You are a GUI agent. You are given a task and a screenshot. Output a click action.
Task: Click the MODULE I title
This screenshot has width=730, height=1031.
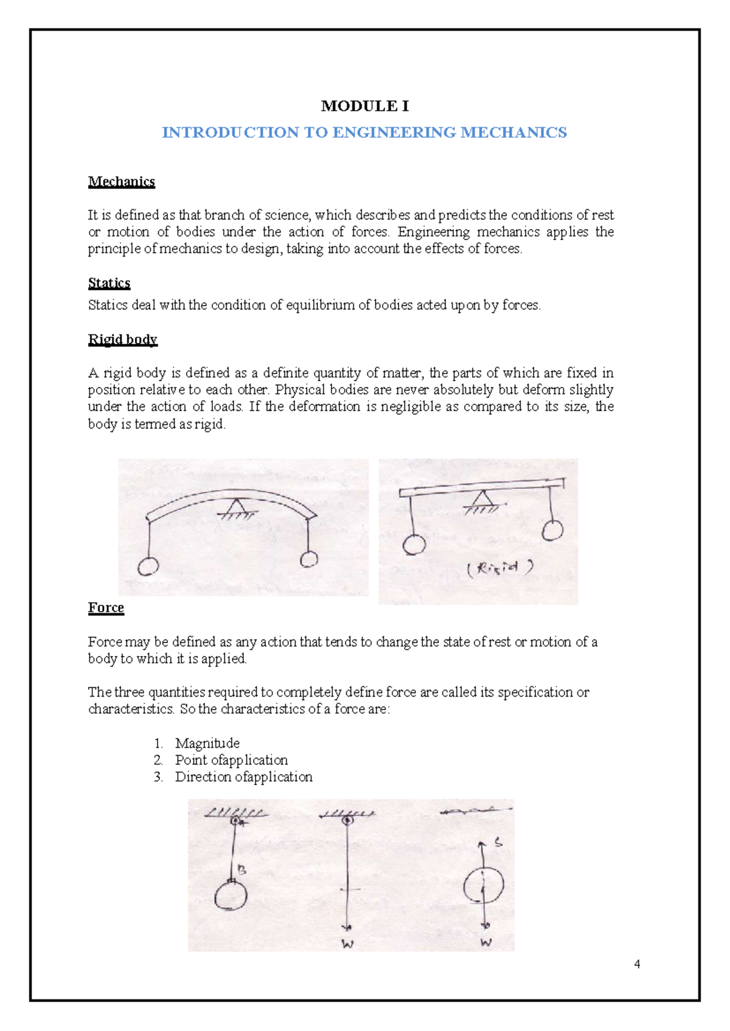(x=364, y=106)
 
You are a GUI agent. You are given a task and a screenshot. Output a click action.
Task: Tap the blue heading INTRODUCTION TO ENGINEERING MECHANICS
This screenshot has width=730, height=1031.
(x=364, y=133)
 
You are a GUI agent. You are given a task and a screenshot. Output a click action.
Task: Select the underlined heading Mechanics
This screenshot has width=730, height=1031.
(x=121, y=182)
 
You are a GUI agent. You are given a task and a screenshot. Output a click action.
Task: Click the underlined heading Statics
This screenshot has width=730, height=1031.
(x=109, y=283)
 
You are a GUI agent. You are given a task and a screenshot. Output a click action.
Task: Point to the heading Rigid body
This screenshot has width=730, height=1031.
(x=122, y=339)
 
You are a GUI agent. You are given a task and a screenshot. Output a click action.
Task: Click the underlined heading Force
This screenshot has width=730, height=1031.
(x=106, y=608)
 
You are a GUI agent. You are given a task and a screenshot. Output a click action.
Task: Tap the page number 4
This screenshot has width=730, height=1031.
(x=637, y=964)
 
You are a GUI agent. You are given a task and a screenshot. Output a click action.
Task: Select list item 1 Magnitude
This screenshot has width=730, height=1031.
(x=207, y=743)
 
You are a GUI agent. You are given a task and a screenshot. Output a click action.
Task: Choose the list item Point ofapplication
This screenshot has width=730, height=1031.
(x=231, y=760)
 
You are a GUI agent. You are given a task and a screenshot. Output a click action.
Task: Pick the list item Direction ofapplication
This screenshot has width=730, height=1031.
(x=243, y=777)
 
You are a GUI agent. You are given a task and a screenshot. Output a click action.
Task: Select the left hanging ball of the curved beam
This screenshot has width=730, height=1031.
(x=148, y=567)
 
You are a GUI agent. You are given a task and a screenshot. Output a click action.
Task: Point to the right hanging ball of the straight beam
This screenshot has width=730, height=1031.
(x=552, y=529)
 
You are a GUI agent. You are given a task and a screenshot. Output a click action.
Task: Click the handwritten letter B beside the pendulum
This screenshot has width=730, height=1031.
(x=242, y=871)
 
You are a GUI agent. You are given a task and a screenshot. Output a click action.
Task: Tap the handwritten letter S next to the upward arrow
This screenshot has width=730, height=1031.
(x=498, y=843)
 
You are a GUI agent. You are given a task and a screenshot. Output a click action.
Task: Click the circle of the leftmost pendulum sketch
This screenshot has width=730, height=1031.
(x=231, y=895)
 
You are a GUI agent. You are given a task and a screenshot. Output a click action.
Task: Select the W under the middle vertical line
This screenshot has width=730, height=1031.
(x=347, y=945)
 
